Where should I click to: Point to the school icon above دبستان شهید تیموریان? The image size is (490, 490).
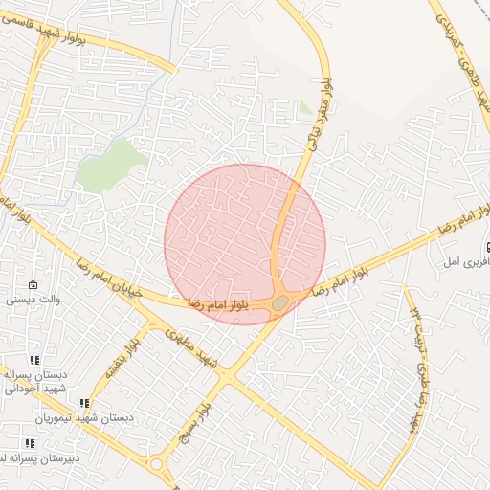tap(84, 404)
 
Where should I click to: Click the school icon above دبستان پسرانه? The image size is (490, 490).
tap(35, 361)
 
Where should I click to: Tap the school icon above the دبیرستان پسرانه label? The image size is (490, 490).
tap(30, 443)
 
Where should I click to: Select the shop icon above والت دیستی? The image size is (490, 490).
tap(33, 285)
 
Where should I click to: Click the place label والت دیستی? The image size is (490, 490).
tap(34, 300)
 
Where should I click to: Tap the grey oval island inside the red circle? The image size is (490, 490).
tap(279, 303)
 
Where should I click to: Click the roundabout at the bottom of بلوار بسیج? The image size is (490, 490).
tap(156, 464)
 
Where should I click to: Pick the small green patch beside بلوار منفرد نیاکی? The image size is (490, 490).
tap(305, 107)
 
